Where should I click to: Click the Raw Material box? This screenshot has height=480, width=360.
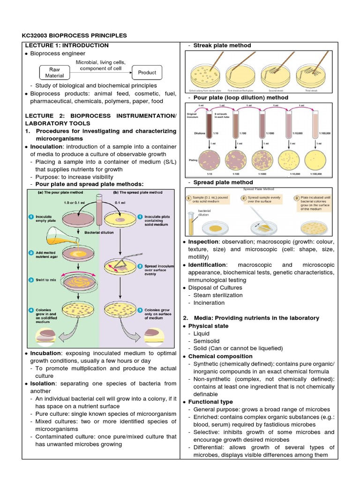click(55, 73)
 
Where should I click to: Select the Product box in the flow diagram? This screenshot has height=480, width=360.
click(147, 73)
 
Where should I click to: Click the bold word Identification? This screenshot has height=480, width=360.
click(207, 265)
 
